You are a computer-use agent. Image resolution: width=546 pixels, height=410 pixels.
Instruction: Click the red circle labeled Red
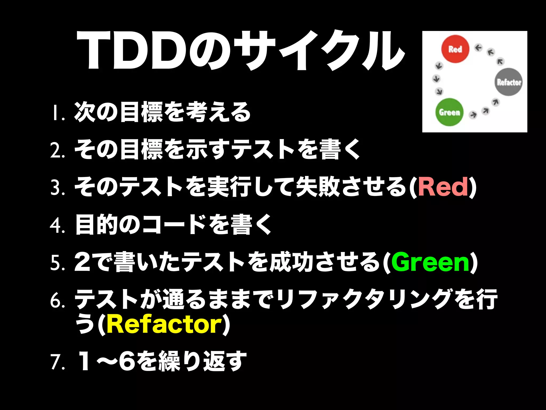coord(455,49)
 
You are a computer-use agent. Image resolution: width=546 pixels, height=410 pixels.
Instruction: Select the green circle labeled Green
coord(449,112)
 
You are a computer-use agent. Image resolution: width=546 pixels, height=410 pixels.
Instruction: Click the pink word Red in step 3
coord(443,187)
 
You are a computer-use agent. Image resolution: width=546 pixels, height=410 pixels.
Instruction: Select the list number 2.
coord(57,150)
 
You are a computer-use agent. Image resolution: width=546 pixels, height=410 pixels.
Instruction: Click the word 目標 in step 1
coord(141,112)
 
